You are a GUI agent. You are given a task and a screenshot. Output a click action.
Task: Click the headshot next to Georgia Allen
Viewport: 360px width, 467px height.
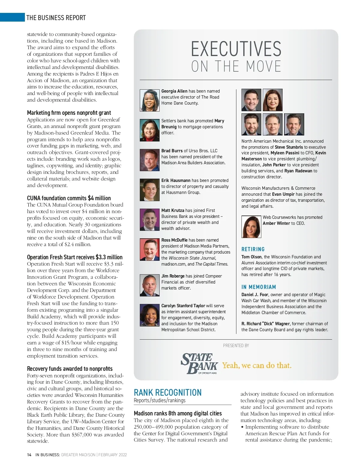(149, 100)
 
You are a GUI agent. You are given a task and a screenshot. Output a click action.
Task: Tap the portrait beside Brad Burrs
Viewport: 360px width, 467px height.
(149, 160)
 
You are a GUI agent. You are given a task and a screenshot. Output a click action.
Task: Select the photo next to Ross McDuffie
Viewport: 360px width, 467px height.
(149, 249)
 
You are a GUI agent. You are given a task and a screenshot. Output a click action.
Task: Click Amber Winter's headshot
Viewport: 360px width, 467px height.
(251, 227)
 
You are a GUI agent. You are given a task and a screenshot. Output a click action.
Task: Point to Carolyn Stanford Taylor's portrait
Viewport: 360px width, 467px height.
(149, 315)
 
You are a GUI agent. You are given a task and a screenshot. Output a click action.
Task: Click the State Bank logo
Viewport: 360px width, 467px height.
(199, 364)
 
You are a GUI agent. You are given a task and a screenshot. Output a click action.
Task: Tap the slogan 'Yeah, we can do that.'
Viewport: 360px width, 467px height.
(257, 365)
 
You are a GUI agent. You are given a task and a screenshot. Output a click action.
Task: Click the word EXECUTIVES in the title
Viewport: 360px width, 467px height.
(236, 49)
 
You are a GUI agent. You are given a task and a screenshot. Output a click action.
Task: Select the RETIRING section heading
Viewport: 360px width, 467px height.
(253, 249)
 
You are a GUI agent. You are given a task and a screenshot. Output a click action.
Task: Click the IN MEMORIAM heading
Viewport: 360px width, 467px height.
(259, 287)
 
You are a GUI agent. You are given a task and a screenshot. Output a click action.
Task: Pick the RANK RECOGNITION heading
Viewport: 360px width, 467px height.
(168, 393)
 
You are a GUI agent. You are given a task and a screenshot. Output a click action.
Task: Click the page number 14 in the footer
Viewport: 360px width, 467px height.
(29, 455)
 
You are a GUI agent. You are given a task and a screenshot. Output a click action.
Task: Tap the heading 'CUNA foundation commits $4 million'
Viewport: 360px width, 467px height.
(69, 198)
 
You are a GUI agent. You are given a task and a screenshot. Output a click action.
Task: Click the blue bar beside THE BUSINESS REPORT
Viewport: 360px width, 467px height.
(12, 17)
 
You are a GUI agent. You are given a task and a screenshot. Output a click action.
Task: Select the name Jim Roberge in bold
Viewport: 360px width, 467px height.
(173, 276)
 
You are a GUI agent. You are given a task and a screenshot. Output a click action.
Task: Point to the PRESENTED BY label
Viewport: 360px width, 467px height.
(236, 346)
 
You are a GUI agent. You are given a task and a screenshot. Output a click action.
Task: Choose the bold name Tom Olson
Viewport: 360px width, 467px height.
(251, 257)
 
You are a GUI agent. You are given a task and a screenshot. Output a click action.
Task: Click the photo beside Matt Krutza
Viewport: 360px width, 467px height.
(149, 220)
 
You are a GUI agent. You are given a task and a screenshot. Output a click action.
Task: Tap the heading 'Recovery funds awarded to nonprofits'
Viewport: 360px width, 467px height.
(70, 369)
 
